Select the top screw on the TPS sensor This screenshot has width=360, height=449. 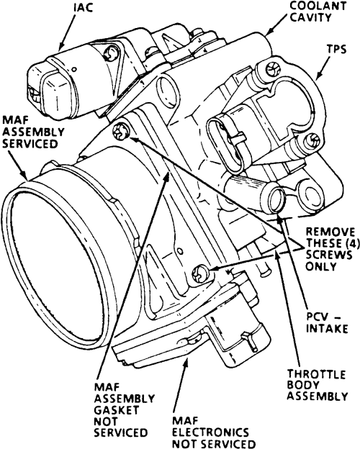coord(271,69)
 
